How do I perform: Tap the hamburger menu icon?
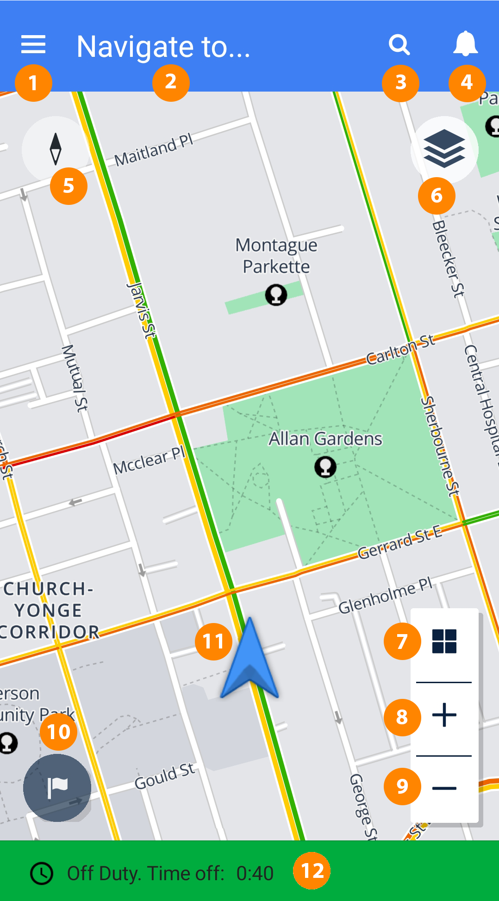[33, 44]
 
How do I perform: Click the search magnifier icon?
[399, 45]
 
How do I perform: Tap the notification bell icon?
[465, 44]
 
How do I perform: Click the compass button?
[56, 149]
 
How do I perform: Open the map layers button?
[444, 149]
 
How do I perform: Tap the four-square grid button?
[444, 641]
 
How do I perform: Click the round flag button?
[57, 788]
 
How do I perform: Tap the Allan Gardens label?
[325, 439]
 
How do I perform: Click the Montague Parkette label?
[276, 256]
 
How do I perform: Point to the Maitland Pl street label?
[154, 151]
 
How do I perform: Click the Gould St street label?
[165, 777]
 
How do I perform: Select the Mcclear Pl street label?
[149, 461]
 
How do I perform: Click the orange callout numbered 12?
[312, 871]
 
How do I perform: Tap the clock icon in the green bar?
[42, 874]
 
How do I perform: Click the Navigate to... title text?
[163, 47]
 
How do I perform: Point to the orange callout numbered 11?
[213, 641]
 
